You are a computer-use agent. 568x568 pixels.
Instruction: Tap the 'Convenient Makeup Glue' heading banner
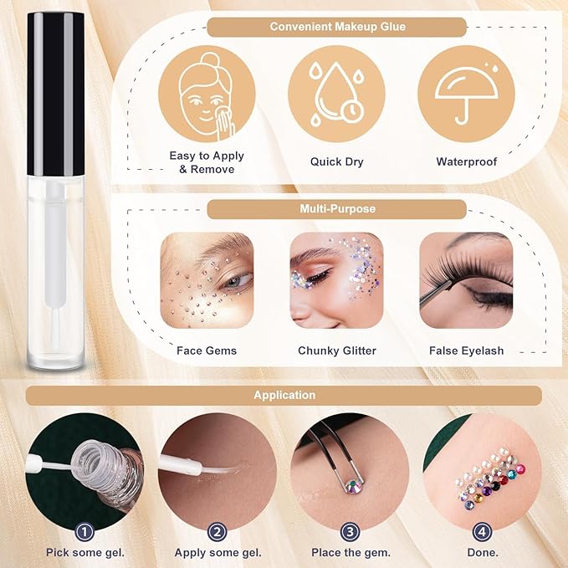(x=337, y=27)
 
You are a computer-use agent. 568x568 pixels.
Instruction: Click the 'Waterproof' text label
(x=466, y=161)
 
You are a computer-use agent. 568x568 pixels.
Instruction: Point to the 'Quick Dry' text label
(x=336, y=161)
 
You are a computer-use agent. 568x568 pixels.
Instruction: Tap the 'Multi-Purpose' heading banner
(x=336, y=209)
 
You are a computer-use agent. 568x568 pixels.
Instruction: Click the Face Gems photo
(x=207, y=280)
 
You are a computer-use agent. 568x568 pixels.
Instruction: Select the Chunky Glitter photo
(x=336, y=280)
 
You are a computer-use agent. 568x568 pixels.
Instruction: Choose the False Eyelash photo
(x=466, y=280)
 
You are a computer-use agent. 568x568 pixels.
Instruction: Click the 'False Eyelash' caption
(x=466, y=351)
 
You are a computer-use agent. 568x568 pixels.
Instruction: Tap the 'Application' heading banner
(x=284, y=395)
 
